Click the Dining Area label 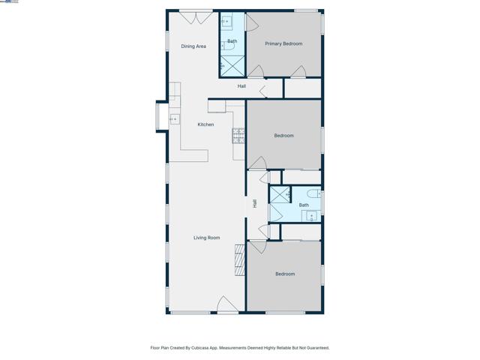pos(193,46)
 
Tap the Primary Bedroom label pos(283,43)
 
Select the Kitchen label pos(205,124)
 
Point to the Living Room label pos(207,238)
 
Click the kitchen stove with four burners pos(238,136)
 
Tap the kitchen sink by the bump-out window pos(174,119)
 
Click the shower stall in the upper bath pos(232,66)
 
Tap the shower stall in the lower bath pos(279,196)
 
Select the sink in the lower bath pos(310,216)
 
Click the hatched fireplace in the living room pos(240,259)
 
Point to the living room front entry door pos(227,305)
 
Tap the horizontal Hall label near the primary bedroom pos(241,86)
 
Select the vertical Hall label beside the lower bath pos(255,203)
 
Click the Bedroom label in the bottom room pos(285,274)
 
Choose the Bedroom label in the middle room pos(283,136)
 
